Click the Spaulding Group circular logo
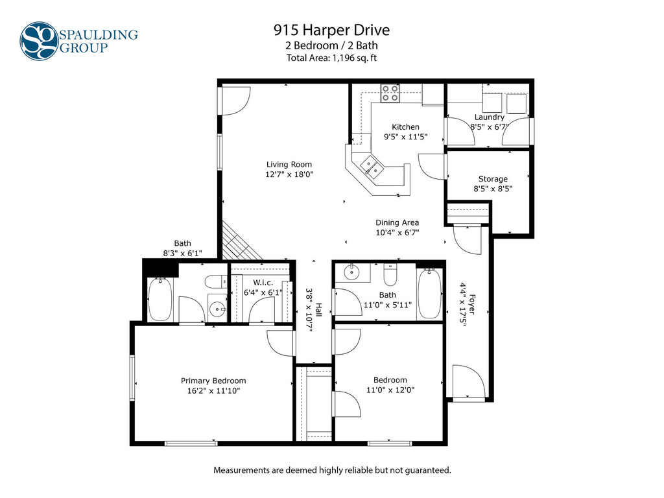39,41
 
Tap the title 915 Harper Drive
331,30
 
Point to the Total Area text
331,58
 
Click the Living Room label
289,164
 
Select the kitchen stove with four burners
390,93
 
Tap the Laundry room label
489,117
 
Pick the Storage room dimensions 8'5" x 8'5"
493,189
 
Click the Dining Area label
397,222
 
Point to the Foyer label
473,305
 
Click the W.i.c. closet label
263,283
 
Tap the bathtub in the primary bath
160,300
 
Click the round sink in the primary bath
218,309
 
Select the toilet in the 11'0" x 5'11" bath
390,275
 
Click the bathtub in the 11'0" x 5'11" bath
429,294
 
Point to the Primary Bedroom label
213,381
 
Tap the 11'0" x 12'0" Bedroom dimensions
390,390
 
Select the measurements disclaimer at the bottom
332,470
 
